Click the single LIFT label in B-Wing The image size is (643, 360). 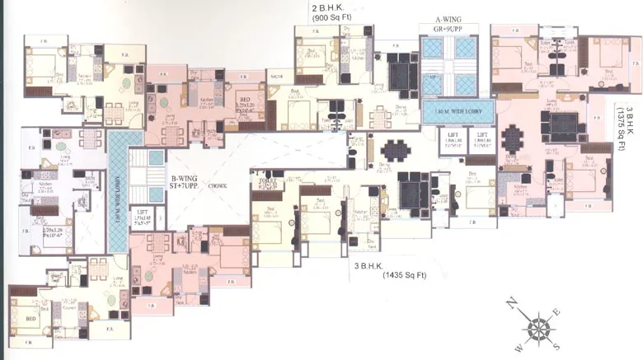point(165,213)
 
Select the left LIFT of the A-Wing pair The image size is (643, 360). point(453,134)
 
